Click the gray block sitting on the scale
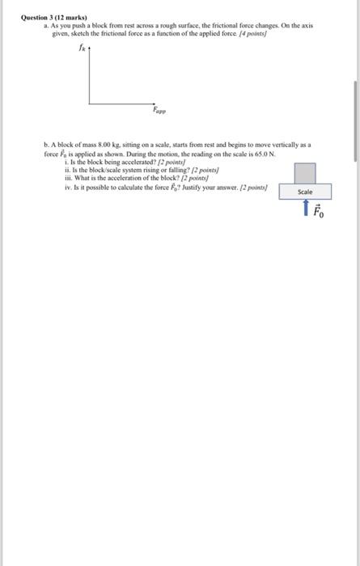(x=305, y=174)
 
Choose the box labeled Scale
(x=305, y=192)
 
